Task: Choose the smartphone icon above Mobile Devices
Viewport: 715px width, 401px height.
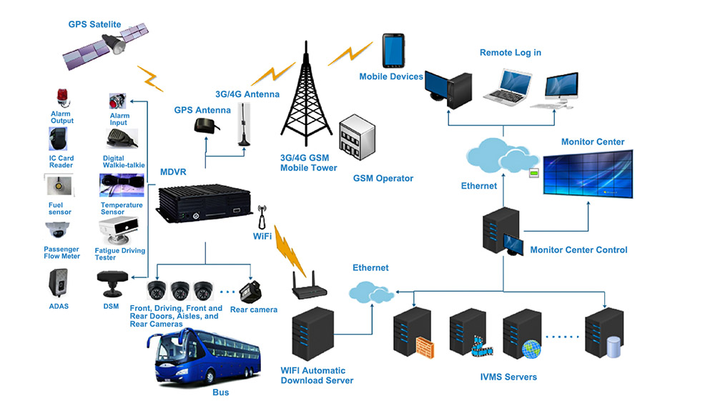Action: (x=392, y=50)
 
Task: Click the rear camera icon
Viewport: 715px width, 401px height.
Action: (x=254, y=292)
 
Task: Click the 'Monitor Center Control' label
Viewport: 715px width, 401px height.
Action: (x=578, y=250)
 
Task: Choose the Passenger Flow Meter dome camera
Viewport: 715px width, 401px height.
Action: (x=58, y=230)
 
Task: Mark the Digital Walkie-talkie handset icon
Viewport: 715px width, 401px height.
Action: (x=117, y=138)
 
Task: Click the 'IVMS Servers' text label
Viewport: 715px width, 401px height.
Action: (x=508, y=377)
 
